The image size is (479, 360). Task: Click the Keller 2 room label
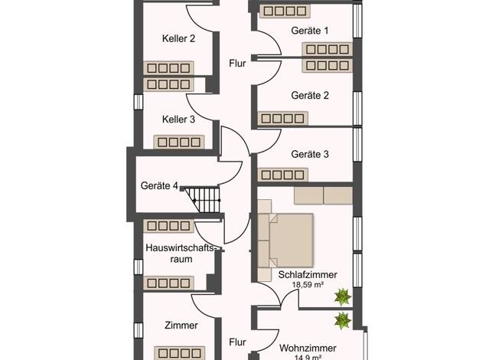tap(178, 38)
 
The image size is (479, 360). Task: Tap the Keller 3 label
tap(178, 119)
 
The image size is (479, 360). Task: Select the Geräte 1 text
tap(310, 31)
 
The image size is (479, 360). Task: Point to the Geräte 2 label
tap(310, 96)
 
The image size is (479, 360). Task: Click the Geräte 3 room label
tap(310, 154)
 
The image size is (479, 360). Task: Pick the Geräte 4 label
tap(159, 185)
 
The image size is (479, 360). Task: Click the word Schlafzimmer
tap(308, 275)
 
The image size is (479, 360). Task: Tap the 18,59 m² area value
tap(308, 285)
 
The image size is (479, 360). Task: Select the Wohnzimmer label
tap(308, 348)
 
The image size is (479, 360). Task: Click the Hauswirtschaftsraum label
tap(181, 254)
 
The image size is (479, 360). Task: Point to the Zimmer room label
tap(181, 325)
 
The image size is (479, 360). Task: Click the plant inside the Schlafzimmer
tap(343, 296)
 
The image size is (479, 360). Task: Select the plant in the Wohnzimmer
tap(343, 320)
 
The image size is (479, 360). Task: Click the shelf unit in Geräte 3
tap(282, 175)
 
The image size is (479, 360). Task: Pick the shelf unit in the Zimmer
tap(179, 353)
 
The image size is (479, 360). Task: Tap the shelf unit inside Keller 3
tap(179, 142)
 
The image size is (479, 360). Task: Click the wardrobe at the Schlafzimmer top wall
tap(323, 196)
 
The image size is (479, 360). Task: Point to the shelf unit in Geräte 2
tap(282, 119)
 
